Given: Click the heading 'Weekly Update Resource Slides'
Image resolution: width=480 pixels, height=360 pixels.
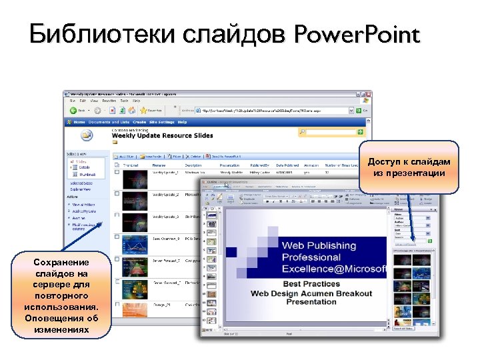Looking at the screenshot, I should tap(162, 135).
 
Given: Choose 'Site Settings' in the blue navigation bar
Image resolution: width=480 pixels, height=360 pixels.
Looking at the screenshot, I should tap(162, 122).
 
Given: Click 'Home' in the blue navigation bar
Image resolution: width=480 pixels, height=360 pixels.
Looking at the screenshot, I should tap(79, 122).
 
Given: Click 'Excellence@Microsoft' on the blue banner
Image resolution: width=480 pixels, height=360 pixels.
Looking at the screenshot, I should tap(333, 269).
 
